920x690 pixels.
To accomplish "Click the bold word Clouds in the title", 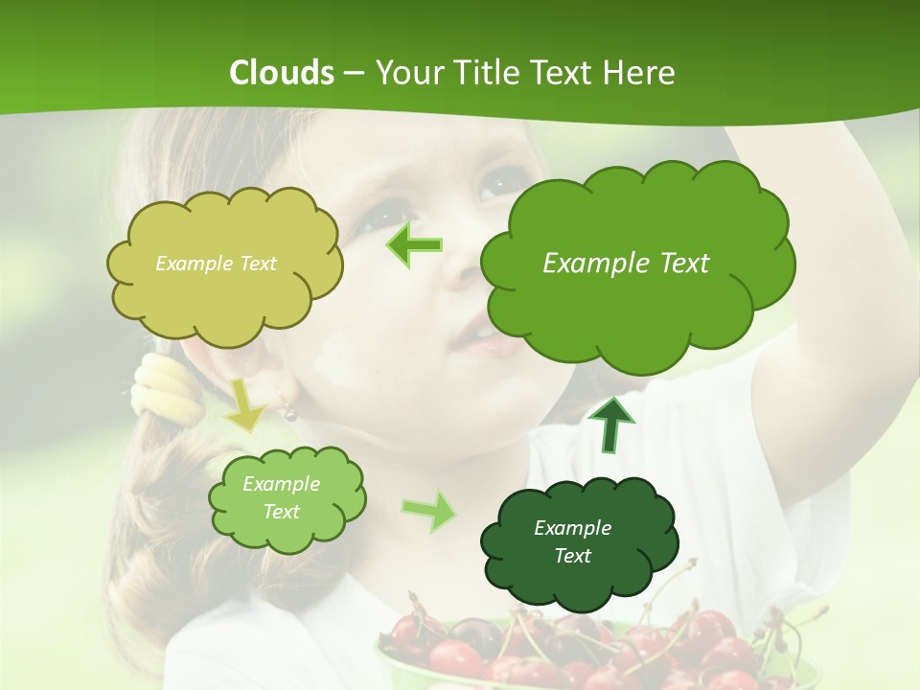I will (282, 73).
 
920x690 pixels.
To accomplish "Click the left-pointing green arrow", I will (414, 245).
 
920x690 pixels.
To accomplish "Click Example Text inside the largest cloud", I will (626, 264).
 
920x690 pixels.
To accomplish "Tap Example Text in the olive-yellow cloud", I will (216, 264).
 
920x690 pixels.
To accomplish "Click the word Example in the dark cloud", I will (572, 528).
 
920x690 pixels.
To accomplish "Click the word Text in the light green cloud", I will (282, 512).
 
